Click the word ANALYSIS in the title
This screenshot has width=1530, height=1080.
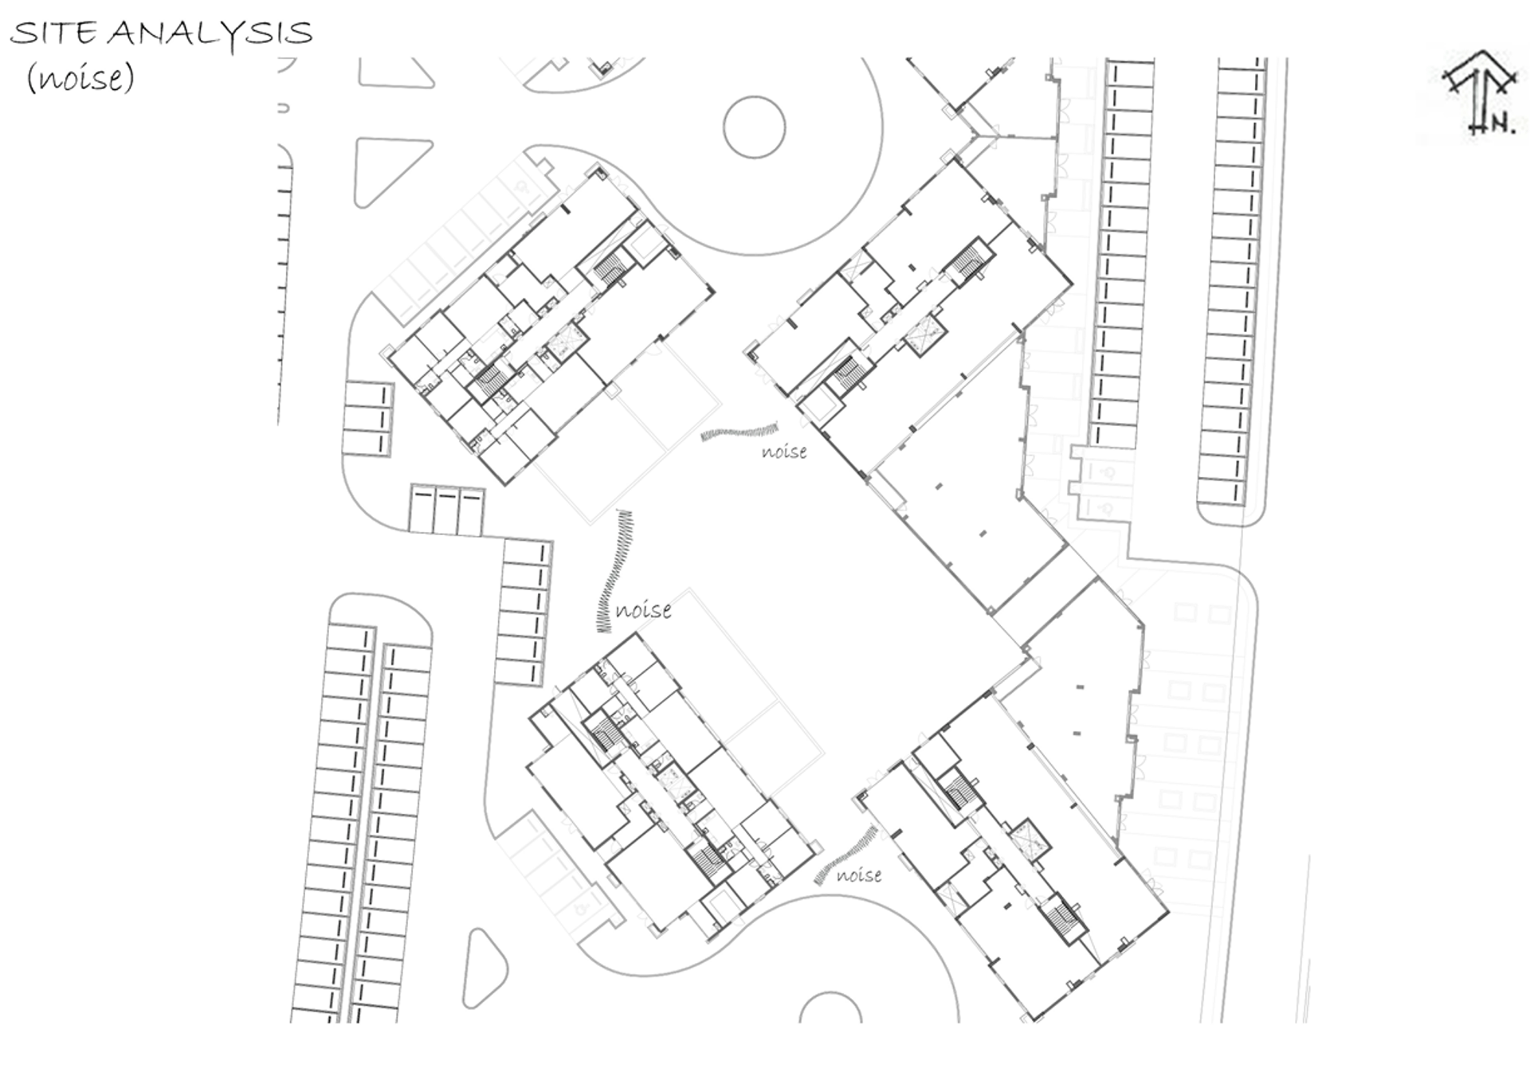tap(210, 33)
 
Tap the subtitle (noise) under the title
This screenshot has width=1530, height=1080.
tap(80, 78)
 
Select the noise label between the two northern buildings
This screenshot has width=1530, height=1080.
tap(784, 452)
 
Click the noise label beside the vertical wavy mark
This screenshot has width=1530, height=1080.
tap(643, 611)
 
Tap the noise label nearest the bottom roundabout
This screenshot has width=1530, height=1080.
tap(859, 875)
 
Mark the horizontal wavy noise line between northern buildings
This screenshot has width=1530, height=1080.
tap(739, 432)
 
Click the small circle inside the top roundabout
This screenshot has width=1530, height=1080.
tap(754, 127)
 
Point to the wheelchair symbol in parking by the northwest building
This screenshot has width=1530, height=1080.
tap(523, 187)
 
